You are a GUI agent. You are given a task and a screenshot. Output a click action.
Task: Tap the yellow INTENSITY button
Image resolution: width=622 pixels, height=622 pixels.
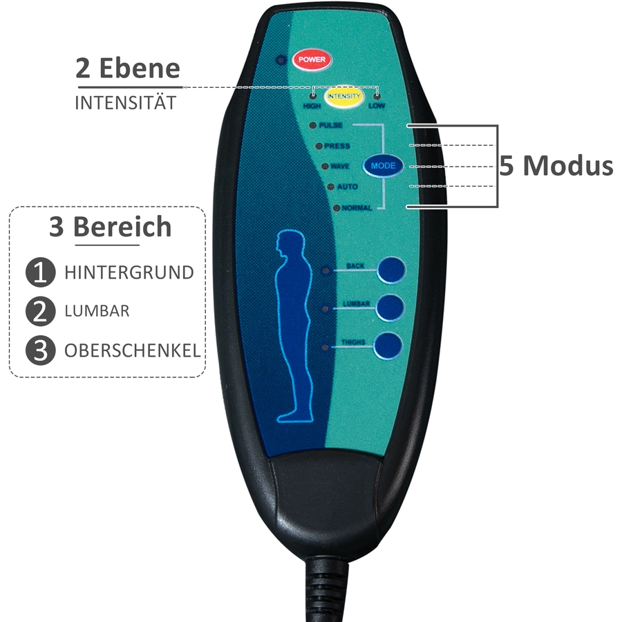(x=344, y=96)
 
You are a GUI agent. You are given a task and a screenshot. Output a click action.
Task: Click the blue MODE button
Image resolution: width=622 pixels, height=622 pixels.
(x=383, y=166)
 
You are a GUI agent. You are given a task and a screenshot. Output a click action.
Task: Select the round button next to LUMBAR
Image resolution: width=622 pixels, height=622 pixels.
(x=390, y=308)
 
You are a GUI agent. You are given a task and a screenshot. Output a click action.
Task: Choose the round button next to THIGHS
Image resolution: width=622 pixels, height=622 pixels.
(x=388, y=346)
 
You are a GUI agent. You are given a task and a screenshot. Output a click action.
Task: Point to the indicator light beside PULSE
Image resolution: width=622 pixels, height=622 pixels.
(x=312, y=125)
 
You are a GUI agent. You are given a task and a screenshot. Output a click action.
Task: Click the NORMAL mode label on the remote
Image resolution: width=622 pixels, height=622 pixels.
(x=357, y=208)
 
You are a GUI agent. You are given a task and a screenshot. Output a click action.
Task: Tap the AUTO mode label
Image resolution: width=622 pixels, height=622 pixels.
(x=347, y=187)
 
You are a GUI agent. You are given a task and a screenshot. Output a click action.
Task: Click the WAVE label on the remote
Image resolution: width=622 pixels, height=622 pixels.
(x=340, y=166)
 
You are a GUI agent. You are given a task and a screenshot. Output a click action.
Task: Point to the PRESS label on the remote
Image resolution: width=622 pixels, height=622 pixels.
(x=337, y=146)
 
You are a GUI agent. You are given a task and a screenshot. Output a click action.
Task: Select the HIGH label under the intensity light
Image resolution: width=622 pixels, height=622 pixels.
(x=312, y=106)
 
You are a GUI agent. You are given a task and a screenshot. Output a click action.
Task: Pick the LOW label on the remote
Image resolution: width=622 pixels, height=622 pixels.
(x=377, y=106)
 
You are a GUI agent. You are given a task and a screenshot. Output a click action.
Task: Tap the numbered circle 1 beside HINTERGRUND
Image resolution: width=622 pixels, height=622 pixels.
(x=41, y=272)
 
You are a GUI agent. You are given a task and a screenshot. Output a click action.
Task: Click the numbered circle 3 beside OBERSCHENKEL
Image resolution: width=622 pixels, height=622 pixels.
(x=41, y=350)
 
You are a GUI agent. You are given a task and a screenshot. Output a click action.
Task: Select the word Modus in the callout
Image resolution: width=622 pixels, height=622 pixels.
(x=568, y=165)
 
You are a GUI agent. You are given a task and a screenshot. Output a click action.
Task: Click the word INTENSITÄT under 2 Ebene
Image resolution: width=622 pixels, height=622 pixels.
(x=125, y=103)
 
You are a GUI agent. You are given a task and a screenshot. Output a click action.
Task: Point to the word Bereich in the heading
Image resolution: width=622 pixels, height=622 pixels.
(x=122, y=227)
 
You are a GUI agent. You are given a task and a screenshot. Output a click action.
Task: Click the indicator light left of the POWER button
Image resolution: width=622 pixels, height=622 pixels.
(x=281, y=60)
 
